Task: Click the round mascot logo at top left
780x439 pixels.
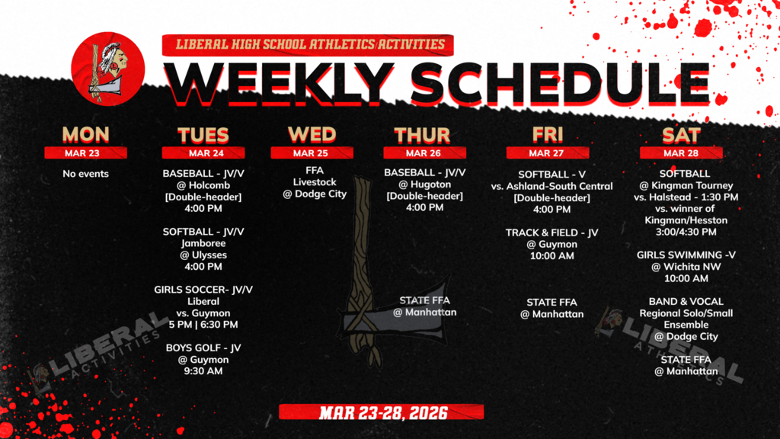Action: coord(99,66)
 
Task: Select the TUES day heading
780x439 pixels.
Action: coord(203,135)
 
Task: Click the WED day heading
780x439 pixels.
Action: coord(312,134)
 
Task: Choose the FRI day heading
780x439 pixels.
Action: coord(548,135)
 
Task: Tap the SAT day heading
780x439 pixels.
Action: coord(681,135)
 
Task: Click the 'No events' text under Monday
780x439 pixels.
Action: coord(85,174)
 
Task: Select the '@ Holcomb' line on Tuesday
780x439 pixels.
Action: coord(203,185)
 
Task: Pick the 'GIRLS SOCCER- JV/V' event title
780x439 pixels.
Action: coord(203,290)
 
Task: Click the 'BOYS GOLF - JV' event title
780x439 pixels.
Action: coord(203,348)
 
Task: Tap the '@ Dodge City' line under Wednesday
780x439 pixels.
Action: coord(314,194)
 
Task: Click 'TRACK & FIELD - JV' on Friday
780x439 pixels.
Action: coord(552,232)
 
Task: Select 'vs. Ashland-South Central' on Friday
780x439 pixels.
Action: coord(552,186)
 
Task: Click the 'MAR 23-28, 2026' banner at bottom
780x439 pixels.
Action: coord(382,412)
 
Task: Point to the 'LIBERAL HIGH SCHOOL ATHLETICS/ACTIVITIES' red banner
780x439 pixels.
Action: coord(308,44)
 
